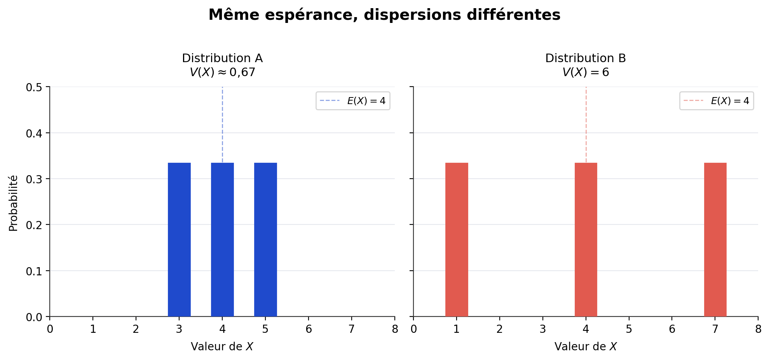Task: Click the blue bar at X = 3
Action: [179, 239]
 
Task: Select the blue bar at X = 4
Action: [222, 239]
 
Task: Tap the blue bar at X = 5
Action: [265, 239]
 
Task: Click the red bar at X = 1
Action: [457, 239]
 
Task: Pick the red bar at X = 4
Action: [586, 239]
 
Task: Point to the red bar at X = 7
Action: [715, 239]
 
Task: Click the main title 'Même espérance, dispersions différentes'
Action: [384, 15]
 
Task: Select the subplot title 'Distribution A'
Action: [222, 58]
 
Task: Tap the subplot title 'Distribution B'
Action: [586, 58]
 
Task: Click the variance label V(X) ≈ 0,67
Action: [222, 72]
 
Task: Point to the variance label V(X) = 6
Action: [586, 72]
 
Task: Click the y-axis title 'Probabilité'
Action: [13, 203]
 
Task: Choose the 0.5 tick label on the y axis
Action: [34, 87]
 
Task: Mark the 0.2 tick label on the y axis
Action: [34, 225]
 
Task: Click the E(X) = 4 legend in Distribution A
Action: [353, 101]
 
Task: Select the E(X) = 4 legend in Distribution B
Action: [717, 101]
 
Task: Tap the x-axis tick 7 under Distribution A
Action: [352, 329]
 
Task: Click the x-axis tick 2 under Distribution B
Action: [499, 329]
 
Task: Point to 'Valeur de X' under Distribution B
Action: [586, 346]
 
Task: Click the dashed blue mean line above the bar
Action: [222, 124]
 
